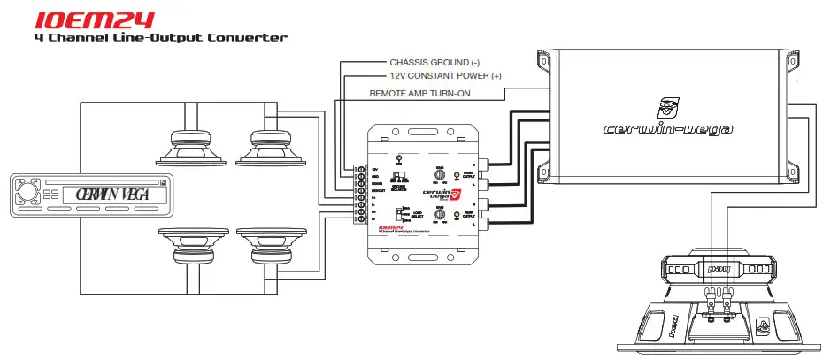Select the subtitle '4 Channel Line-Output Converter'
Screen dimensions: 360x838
pyautogui.click(x=159, y=38)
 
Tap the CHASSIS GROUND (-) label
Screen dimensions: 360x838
pyautogui.click(x=434, y=63)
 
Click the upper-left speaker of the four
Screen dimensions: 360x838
pyautogui.click(x=189, y=145)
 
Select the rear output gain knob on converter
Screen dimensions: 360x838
pyautogui.click(x=440, y=214)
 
